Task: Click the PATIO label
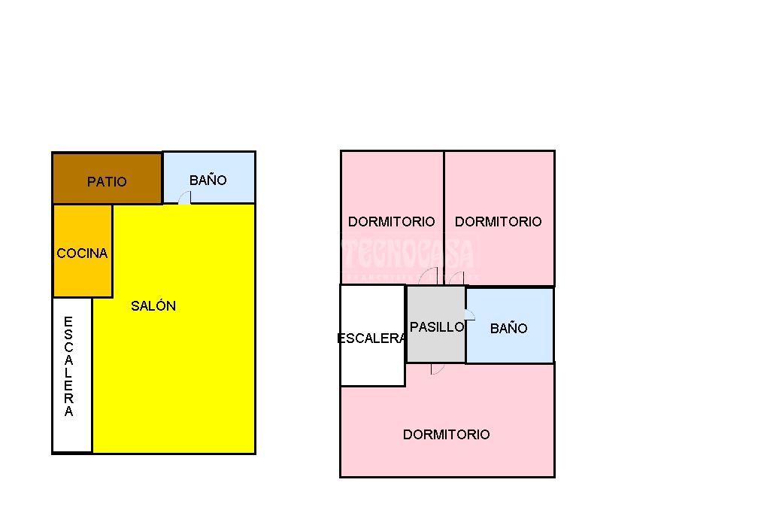(x=107, y=181)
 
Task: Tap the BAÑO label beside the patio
(x=208, y=180)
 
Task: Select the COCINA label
(x=82, y=253)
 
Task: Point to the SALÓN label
(x=153, y=305)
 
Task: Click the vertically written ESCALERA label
(x=68, y=367)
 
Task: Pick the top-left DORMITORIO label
(x=391, y=221)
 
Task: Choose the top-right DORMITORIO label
(x=498, y=221)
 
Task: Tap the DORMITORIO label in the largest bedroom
(x=446, y=434)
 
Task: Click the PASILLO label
(x=437, y=327)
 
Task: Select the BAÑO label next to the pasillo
(x=508, y=328)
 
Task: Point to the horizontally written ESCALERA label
(x=371, y=338)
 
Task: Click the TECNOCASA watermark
(x=410, y=254)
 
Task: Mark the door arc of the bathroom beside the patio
(x=184, y=198)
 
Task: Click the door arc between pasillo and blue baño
(x=470, y=314)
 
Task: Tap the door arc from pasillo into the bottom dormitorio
(x=437, y=369)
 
